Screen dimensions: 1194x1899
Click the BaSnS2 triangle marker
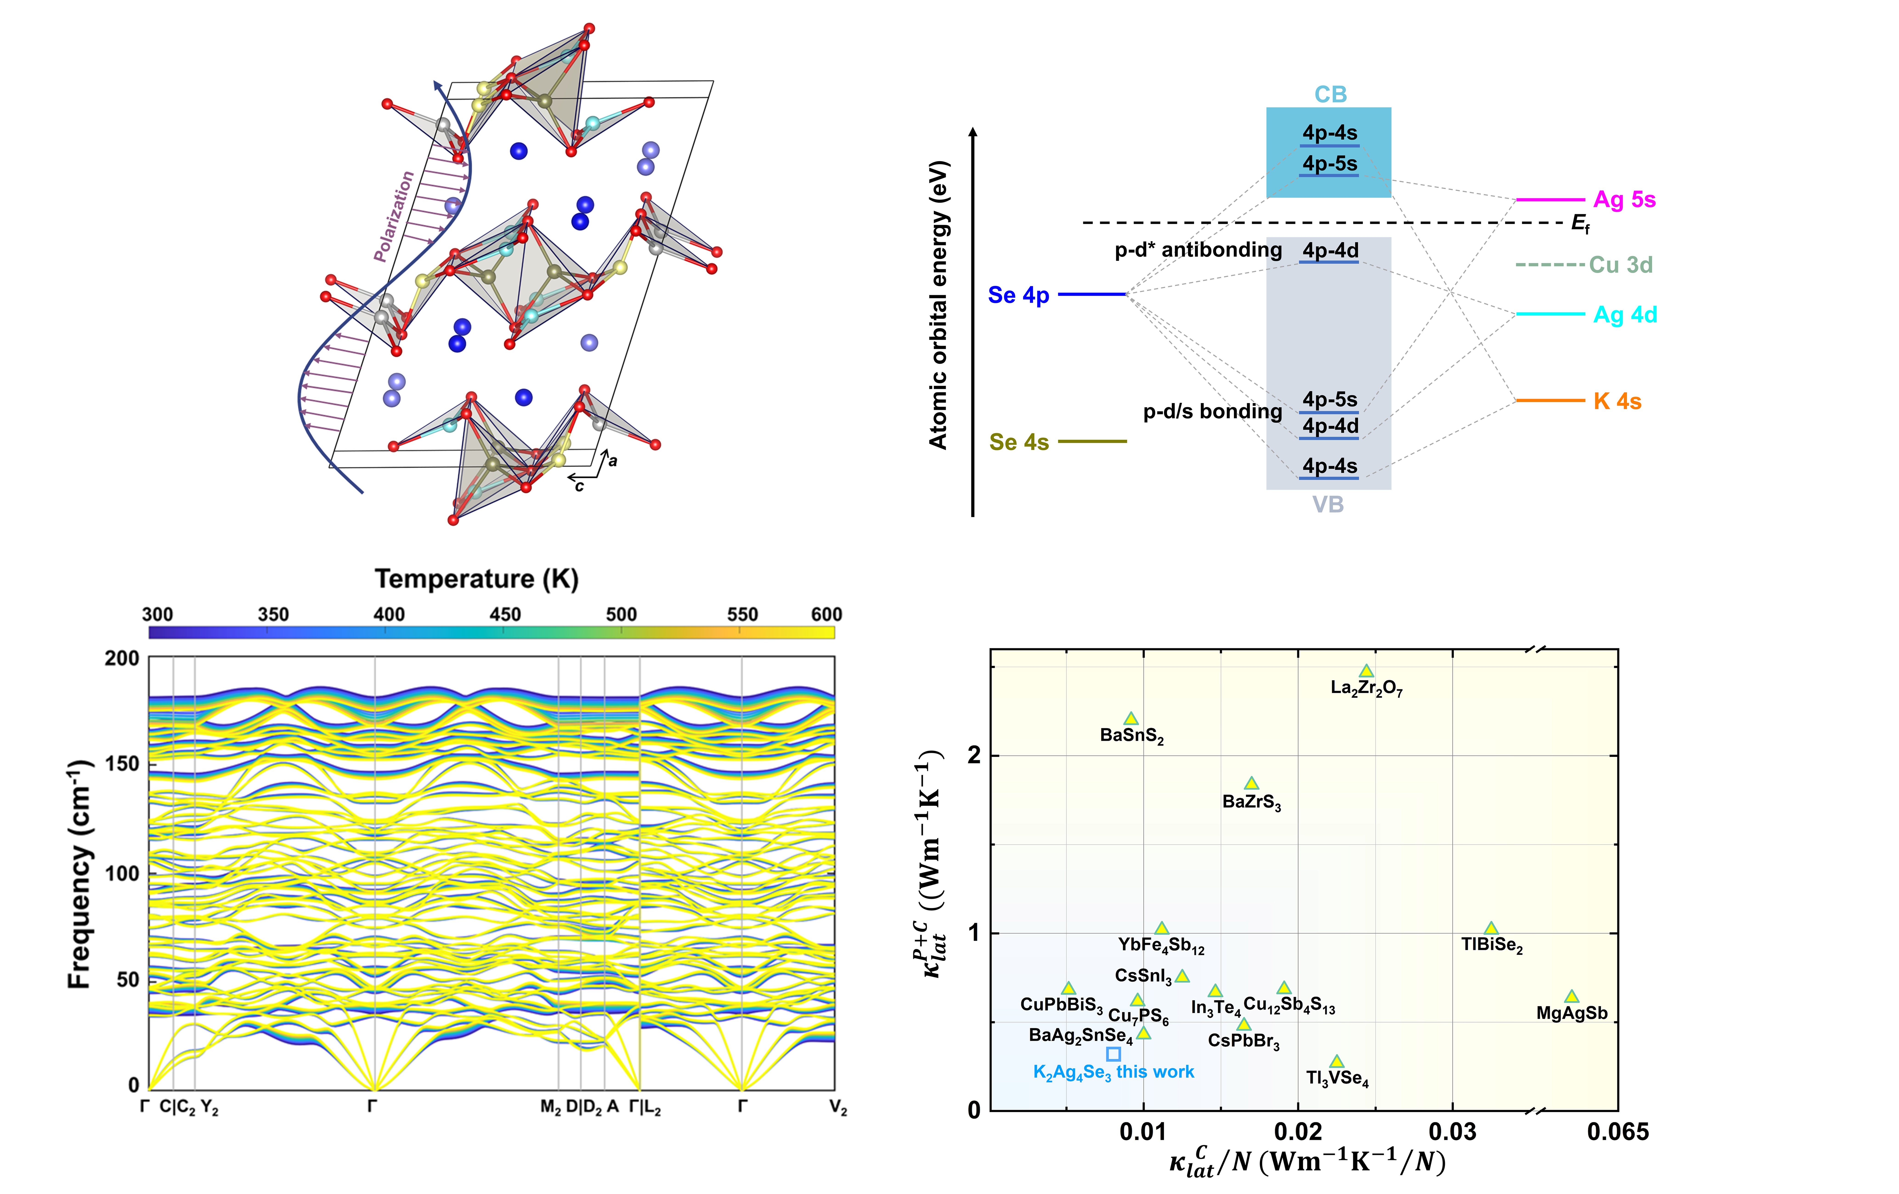(x=1131, y=718)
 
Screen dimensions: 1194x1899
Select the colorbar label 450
(x=505, y=614)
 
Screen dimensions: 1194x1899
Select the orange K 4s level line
(x=1550, y=401)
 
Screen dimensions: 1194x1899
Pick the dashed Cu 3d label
(x=1621, y=265)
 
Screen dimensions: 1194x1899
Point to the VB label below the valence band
(x=1328, y=505)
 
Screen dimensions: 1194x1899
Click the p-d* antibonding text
(x=1198, y=250)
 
